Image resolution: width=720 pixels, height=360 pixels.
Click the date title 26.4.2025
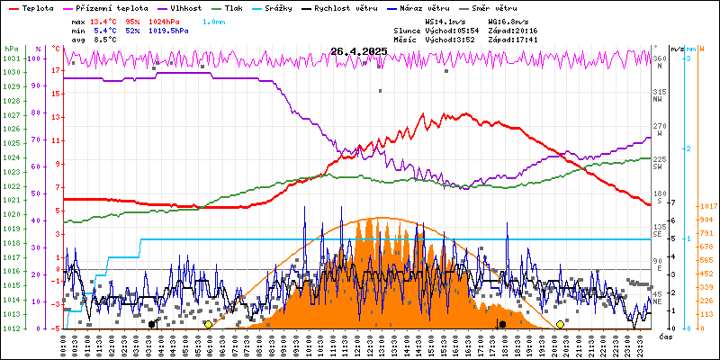[358, 51]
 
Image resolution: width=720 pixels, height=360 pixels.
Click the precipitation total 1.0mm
[213, 21]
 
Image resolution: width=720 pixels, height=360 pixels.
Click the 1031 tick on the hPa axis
[11, 58]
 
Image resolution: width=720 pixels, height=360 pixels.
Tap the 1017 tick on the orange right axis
[706, 205]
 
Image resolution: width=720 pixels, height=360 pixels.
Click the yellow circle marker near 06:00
[208, 324]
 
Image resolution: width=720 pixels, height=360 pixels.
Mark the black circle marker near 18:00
[501, 324]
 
